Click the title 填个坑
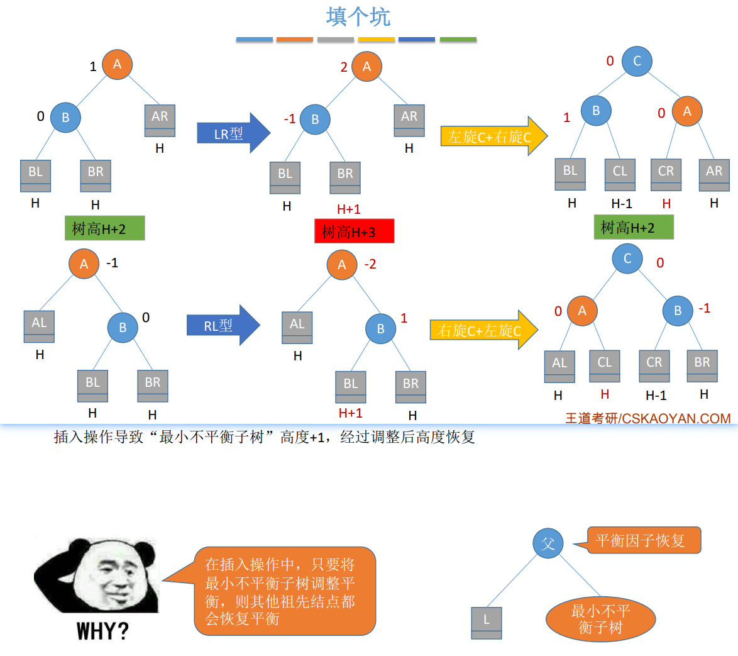pos(358,17)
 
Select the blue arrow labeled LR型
pos(233,133)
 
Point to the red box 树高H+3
pos(354,231)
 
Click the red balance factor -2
pos(370,264)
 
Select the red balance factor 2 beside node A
pos(344,67)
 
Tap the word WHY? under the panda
pos(102,631)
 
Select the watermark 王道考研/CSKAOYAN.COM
pos(647,418)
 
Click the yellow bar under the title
pos(377,40)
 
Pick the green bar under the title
pos(458,40)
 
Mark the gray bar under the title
pos(336,40)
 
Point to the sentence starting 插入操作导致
pos(264,437)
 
